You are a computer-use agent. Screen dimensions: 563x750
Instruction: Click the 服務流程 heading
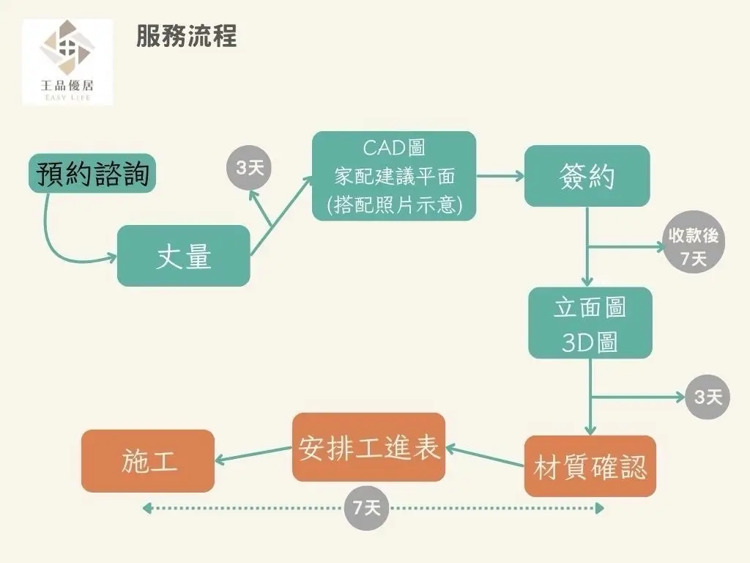point(186,36)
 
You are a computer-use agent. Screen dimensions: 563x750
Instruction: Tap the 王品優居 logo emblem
point(67,49)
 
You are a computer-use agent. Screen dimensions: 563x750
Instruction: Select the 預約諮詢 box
point(93,174)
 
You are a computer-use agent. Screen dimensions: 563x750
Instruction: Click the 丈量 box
point(184,256)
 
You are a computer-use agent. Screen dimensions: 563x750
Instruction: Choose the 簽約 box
point(587,176)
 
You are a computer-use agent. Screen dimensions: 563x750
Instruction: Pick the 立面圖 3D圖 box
point(590,323)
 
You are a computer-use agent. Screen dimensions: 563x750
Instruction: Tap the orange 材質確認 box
point(590,466)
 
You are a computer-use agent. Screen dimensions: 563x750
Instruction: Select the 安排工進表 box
point(368,447)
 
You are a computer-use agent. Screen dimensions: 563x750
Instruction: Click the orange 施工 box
point(148,461)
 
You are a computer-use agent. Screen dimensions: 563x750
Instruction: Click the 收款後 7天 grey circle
point(694,247)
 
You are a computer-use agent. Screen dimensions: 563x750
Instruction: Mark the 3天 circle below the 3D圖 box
point(708,397)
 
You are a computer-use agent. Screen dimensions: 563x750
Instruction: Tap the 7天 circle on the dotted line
point(366,507)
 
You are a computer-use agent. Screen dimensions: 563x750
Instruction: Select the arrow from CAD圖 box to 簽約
point(500,176)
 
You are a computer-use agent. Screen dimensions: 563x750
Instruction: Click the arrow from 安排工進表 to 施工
point(253,455)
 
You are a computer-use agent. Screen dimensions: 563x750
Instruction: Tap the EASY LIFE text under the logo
point(67,97)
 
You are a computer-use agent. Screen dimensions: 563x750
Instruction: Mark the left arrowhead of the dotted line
point(147,507)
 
